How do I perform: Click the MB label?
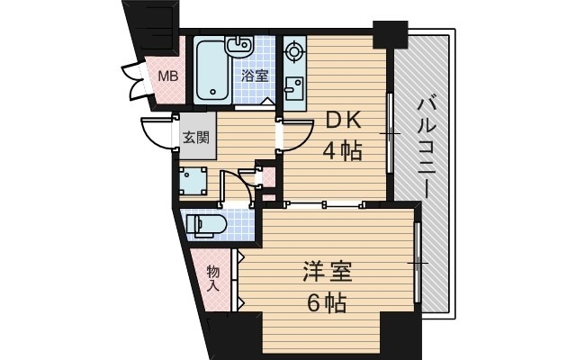(168, 76)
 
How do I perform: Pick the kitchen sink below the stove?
(294, 88)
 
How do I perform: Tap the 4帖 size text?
(342, 151)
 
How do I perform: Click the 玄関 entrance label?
(196, 138)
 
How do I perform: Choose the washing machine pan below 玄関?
(193, 182)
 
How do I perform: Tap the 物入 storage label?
(213, 278)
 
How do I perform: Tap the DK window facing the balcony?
(390, 132)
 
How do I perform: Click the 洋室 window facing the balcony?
(418, 261)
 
